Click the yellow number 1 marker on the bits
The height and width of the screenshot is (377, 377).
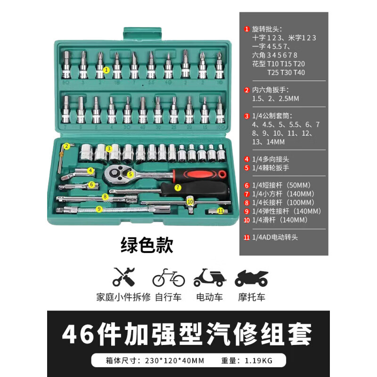106,70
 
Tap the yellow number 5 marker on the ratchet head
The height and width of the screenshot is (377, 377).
131,174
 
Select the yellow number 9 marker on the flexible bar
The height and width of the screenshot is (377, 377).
99,209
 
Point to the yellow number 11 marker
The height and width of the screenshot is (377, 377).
221,211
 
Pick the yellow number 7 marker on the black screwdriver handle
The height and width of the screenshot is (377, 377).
178,187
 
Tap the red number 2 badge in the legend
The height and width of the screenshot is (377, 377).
246,90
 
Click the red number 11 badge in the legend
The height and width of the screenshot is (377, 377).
246,238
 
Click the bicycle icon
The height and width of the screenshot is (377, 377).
168,278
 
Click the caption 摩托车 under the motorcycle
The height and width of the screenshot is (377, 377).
251,297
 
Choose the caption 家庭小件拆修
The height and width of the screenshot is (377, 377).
123,297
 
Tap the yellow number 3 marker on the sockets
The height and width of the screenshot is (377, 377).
108,148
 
